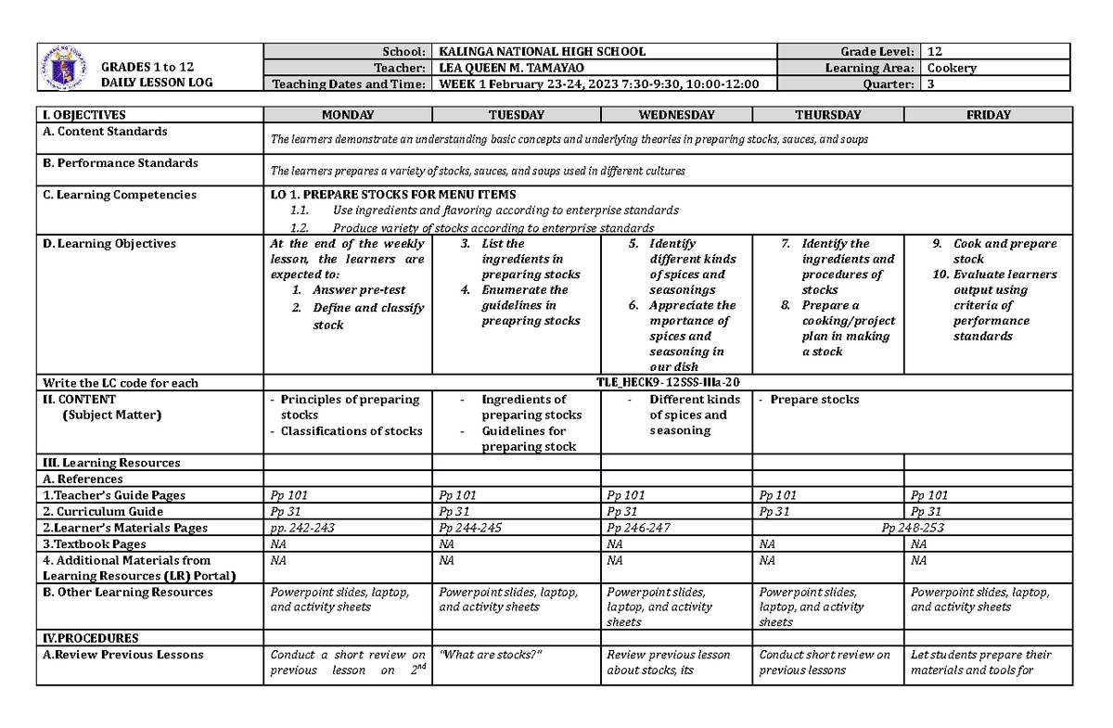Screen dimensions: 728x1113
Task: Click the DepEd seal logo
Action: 64,68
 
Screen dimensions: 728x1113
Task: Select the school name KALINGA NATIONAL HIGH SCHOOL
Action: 542,52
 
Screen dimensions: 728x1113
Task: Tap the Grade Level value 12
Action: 934,52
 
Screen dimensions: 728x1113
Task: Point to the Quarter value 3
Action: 930,84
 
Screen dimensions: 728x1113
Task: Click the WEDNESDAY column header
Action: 675,115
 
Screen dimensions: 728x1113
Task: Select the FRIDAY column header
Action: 988,115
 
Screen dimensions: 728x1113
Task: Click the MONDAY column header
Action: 348,115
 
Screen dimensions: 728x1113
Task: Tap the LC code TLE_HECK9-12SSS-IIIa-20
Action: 668,382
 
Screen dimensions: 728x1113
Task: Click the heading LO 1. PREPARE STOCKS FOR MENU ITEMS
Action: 387,195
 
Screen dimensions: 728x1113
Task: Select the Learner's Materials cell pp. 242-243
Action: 301,528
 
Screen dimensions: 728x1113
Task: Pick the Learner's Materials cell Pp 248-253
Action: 913,528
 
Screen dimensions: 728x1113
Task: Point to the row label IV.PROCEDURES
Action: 89,638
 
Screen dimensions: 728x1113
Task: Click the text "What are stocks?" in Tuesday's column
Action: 490,655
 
